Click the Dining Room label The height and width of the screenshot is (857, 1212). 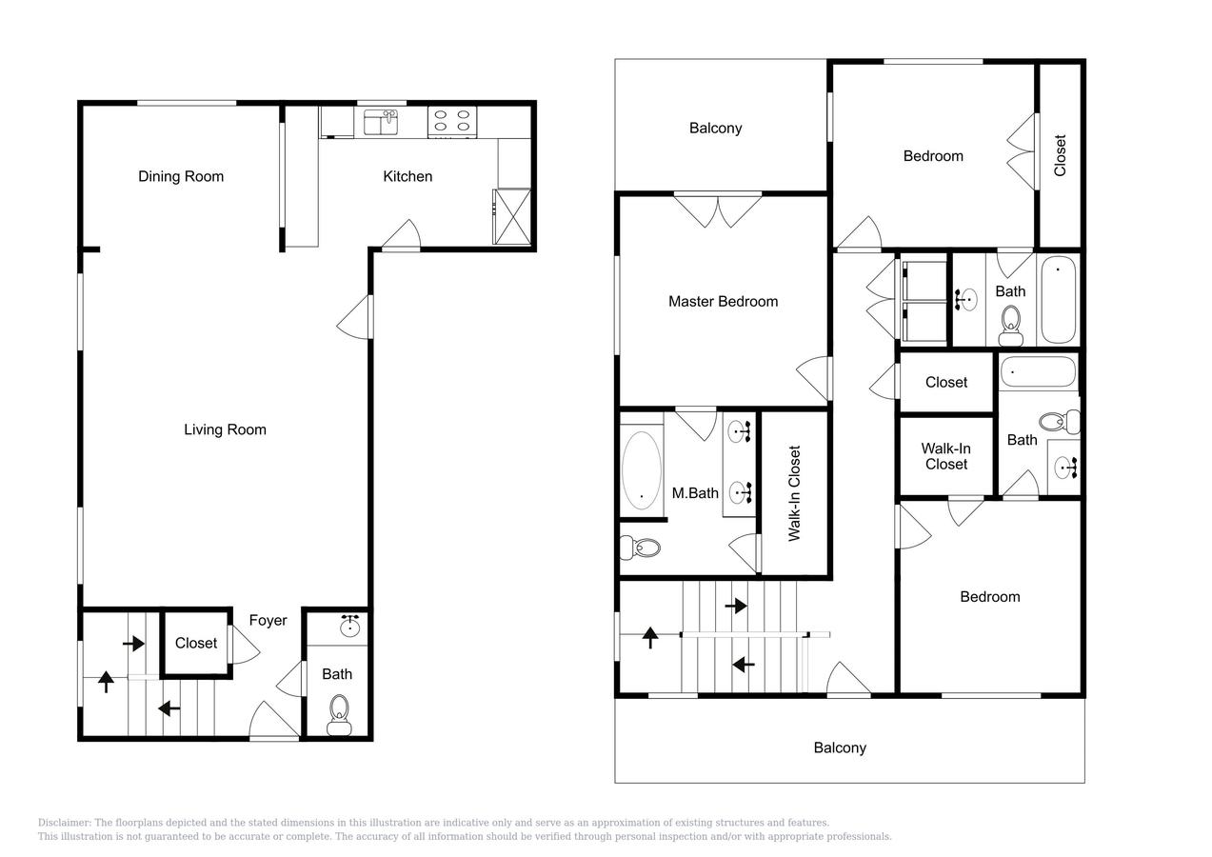click(181, 176)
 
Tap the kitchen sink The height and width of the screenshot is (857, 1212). click(381, 122)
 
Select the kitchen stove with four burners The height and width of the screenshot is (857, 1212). click(452, 122)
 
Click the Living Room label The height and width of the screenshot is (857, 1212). click(225, 429)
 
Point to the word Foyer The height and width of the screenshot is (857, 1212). click(268, 621)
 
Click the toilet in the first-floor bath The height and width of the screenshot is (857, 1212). click(339, 715)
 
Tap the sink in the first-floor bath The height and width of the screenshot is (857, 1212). click(350, 627)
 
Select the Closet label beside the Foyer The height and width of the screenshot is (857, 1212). click(196, 643)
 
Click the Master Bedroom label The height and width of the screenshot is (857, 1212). click(724, 301)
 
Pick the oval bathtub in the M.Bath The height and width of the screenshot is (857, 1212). click(641, 470)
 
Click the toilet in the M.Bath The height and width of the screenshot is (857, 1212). click(641, 548)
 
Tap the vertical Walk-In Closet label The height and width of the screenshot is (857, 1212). click(794, 493)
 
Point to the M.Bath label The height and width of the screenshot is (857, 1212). click(695, 493)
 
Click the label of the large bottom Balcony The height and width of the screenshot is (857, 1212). click(840, 747)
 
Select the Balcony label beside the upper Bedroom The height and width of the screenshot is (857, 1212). click(715, 129)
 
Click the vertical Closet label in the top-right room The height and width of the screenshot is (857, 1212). click(1060, 155)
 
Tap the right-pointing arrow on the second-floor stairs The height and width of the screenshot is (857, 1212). click(736, 606)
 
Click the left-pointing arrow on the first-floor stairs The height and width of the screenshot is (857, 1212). click(169, 708)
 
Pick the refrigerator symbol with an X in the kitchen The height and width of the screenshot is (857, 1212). click(512, 216)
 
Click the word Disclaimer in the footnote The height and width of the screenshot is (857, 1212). click(65, 823)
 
